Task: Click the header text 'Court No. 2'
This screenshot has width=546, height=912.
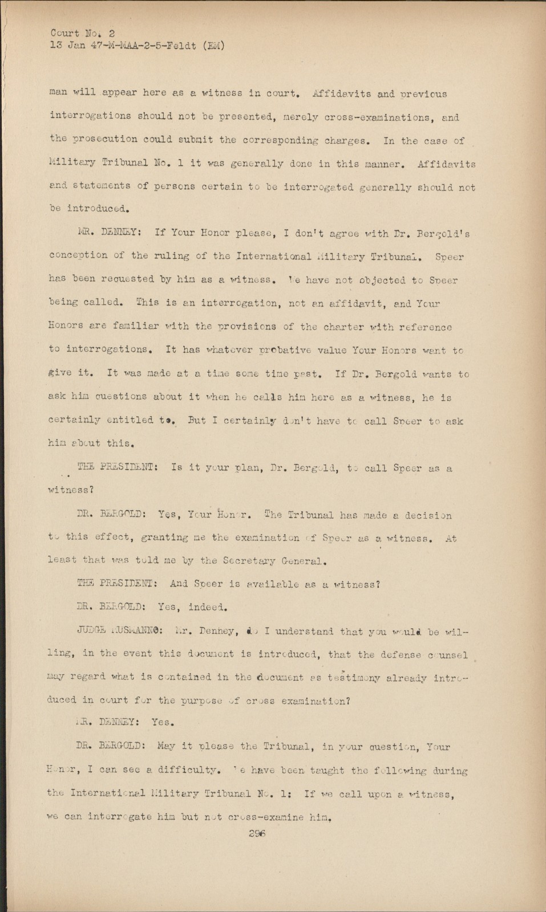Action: (x=82, y=34)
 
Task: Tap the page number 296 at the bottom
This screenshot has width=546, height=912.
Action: (x=258, y=833)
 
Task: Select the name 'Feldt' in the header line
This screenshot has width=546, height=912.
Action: (x=183, y=46)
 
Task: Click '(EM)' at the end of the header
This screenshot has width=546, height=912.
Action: (x=212, y=46)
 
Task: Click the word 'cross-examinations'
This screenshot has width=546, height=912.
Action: (x=373, y=117)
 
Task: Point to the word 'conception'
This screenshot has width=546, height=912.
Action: (x=78, y=256)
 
